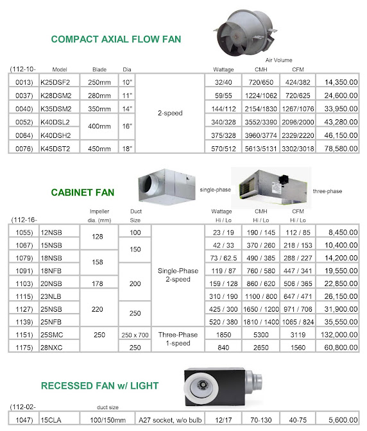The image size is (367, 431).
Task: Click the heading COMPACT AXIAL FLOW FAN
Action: click(x=116, y=39)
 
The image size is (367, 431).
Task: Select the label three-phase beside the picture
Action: click(x=328, y=190)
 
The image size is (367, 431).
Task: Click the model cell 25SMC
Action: click(x=51, y=335)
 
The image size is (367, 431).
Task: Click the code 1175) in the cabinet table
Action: click(x=24, y=347)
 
